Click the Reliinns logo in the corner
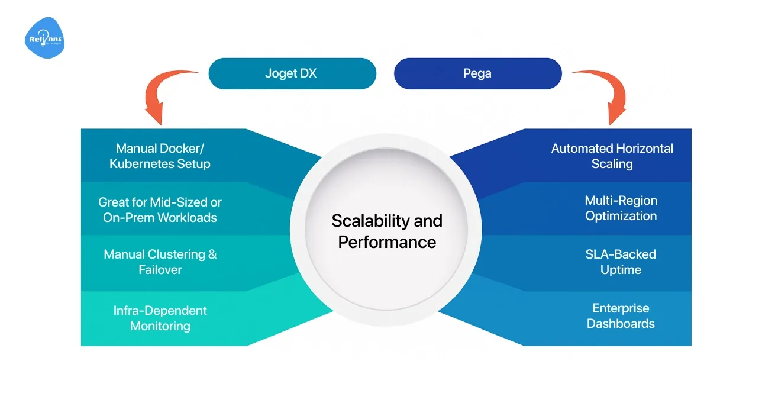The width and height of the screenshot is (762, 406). click(x=44, y=38)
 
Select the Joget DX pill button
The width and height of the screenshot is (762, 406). click(x=292, y=74)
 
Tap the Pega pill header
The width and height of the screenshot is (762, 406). click(x=477, y=74)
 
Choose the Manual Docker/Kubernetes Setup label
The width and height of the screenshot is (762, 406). click(x=160, y=156)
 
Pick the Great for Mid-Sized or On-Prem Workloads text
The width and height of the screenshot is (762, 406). click(x=160, y=210)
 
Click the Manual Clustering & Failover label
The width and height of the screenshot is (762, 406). click(x=160, y=262)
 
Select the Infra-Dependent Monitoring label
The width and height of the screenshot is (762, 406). click(x=160, y=318)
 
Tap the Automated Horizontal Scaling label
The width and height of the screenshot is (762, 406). click(x=612, y=156)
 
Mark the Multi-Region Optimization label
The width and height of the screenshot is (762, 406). click(x=621, y=208)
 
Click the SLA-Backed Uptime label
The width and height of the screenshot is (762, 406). click(x=621, y=262)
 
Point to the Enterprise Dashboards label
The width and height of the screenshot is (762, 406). click(x=621, y=315)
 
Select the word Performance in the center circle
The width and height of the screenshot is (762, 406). click(x=387, y=242)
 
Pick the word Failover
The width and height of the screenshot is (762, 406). click(x=160, y=270)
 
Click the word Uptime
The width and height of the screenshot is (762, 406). click(x=621, y=270)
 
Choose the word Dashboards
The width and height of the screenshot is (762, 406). click(x=621, y=324)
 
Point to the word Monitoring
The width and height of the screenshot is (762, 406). click(x=160, y=326)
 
